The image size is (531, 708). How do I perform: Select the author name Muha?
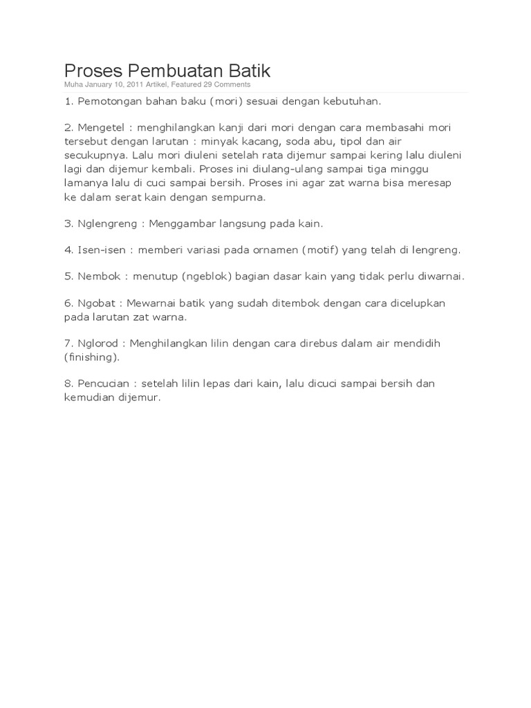point(73,84)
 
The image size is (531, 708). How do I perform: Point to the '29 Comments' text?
point(227,84)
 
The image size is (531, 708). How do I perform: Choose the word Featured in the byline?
point(187,84)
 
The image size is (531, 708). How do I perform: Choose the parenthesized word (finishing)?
point(91,357)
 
